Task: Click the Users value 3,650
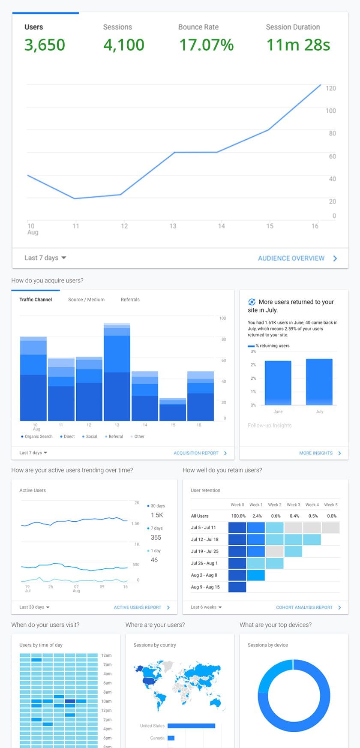45,45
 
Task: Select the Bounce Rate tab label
198,27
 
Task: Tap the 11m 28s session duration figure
298,45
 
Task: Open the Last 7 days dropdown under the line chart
45,258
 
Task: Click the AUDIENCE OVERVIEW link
291,258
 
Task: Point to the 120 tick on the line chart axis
331,88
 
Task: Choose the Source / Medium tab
86,300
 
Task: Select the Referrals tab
130,300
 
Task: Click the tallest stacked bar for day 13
117,373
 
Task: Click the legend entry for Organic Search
38,436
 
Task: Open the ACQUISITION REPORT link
196,453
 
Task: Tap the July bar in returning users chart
319,382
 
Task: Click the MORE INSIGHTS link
316,453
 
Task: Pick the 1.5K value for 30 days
157,515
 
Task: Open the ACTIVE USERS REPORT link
138,607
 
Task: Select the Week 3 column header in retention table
294,505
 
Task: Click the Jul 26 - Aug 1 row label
204,563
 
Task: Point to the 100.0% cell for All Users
238,516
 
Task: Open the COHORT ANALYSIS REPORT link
304,607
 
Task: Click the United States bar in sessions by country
191,726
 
